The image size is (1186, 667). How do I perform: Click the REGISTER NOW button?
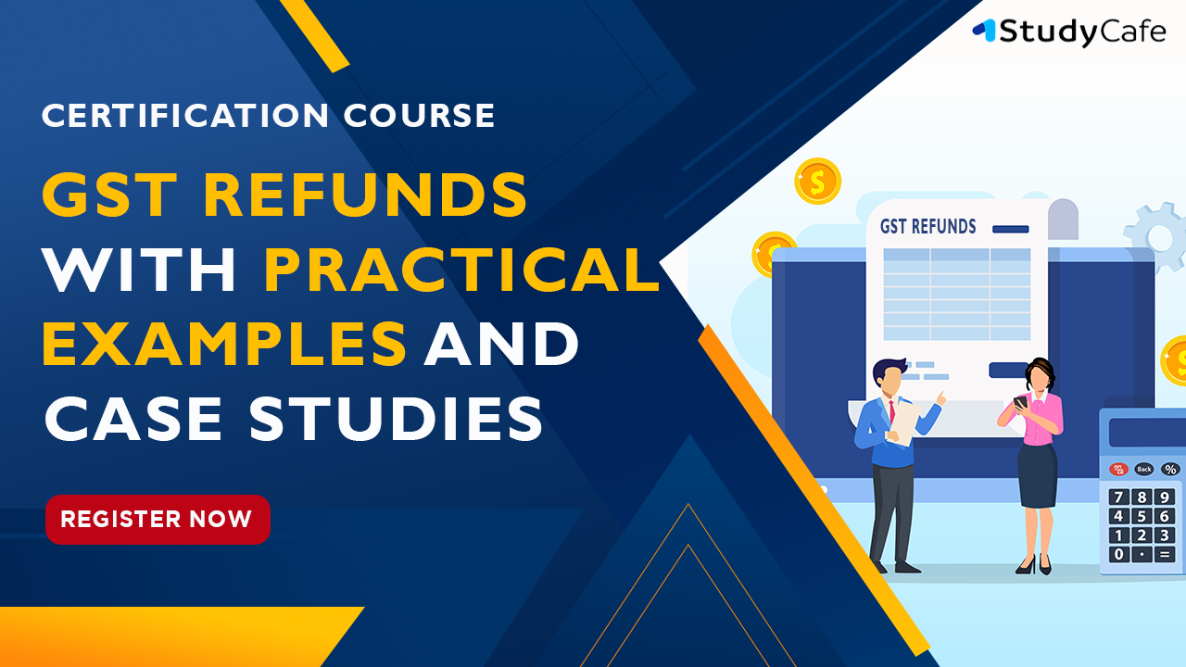click(158, 520)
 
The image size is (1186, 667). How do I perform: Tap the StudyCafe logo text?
click(1082, 31)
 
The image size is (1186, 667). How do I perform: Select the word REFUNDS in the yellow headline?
click(365, 195)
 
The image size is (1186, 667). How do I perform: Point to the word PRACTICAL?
click(461, 269)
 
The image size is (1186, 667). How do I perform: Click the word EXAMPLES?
click(224, 343)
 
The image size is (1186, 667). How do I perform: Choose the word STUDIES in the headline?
click(396, 418)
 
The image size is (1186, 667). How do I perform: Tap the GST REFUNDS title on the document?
click(927, 227)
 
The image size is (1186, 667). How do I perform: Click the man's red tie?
click(892, 411)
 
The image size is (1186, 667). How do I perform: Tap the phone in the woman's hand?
click(1020, 402)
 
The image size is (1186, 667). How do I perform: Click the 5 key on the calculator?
click(1142, 516)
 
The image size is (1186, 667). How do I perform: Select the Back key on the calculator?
click(1144, 469)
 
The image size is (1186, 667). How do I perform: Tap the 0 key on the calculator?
click(1118, 554)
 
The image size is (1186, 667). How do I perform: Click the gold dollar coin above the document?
click(817, 181)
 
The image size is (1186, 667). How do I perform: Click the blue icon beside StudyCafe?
click(985, 30)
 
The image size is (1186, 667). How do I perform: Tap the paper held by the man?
click(902, 423)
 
